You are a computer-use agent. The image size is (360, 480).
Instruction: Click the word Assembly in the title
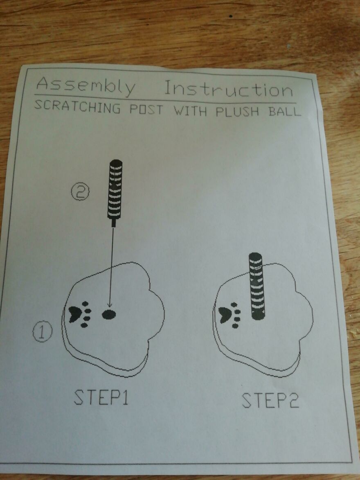pos(85,86)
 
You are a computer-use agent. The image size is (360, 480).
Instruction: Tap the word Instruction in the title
pos(228,89)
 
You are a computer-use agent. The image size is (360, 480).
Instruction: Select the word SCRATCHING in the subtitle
pos(77,108)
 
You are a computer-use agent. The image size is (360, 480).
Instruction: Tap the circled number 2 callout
pos(80,192)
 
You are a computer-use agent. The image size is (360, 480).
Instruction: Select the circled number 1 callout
pos(43,332)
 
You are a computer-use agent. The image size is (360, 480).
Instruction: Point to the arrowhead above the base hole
pos(109,304)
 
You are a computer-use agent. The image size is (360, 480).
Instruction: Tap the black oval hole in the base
pos(109,314)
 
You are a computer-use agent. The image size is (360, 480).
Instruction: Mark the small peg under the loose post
pos(113,223)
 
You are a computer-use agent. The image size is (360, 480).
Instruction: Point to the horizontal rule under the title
pos(164,99)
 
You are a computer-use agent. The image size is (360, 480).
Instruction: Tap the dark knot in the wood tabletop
pos(232,16)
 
